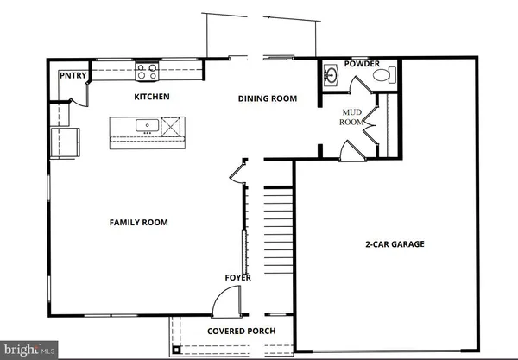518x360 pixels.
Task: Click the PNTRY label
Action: (71, 75)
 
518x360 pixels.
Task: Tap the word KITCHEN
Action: (150, 97)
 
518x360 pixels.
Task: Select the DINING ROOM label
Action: (268, 98)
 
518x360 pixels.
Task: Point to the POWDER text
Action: (362, 64)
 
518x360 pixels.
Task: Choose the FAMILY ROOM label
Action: (138, 223)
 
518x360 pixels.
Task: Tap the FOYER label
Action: (238, 277)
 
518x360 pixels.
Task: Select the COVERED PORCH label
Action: (239, 331)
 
